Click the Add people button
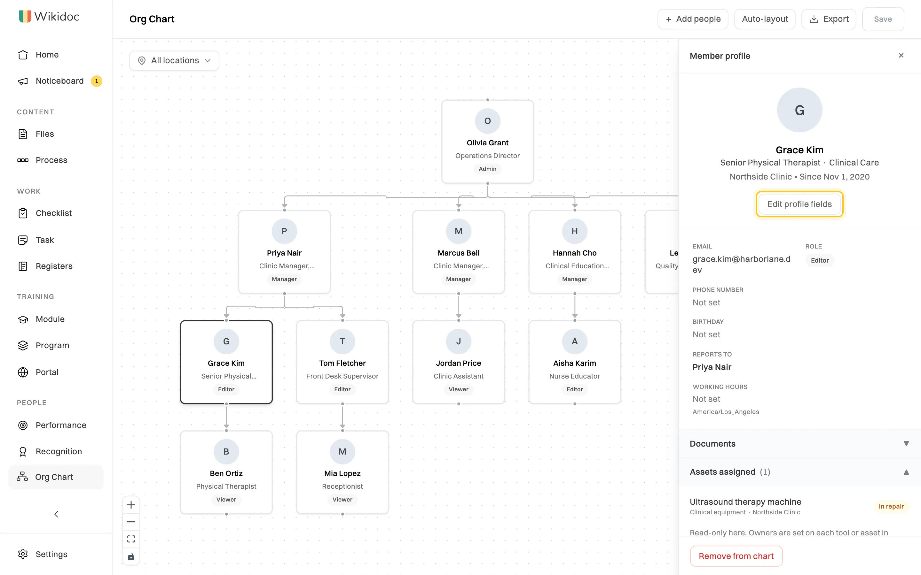pyautogui.click(x=693, y=19)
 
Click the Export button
pyautogui.click(x=829, y=19)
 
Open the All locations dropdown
pyautogui.click(x=174, y=60)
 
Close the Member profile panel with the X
pyautogui.click(x=901, y=56)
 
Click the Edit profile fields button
pyautogui.click(x=799, y=204)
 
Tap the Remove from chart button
pyautogui.click(x=736, y=556)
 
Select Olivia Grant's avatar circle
pyautogui.click(x=487, y=121)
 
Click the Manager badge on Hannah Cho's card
pyautogui.click(x=574, y=279)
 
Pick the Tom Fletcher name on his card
pyautogui.click(x=342, y=363)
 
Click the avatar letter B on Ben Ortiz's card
pyautogui.click(x=226, y=451)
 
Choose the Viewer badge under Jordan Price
pyautogui.click(x=458, y=389)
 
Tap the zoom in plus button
pyautogui.click(x=131, y=505)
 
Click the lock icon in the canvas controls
pyautogui.click(x=131, y=557)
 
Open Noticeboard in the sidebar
pyautogui.click(x=60, y=81)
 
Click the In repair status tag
pyautogui.click(x=891, y=506)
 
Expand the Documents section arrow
pyautogui.click(x=906, y=443)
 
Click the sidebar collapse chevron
pyautogui.click(x=56, y=514)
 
